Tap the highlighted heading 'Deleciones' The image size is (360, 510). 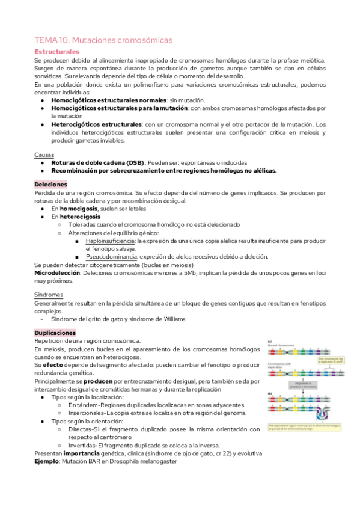tap(51, 184)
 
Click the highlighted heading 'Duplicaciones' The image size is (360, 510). tap(55, 333)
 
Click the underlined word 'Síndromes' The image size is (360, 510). tap(49, 295)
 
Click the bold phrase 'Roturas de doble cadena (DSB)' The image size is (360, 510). tap(97, 162)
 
